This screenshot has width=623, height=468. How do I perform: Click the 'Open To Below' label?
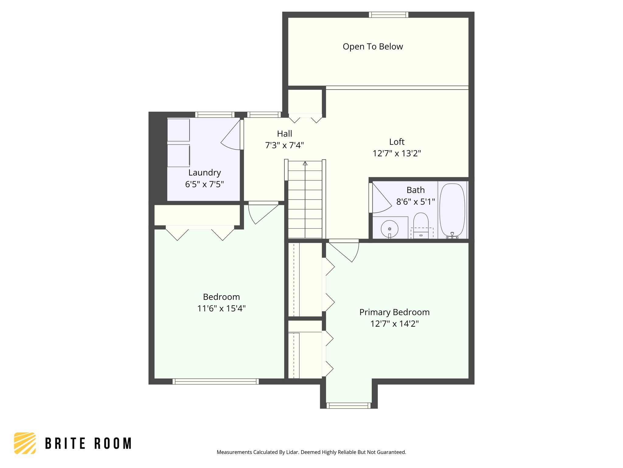coord(373,47)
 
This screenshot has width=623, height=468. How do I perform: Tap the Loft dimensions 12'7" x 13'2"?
coord(397,153)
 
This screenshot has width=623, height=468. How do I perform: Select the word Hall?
coord(284,134)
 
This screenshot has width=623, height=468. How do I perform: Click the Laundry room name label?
coord(204,172)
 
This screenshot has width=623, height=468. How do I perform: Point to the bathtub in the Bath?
coord(452,210)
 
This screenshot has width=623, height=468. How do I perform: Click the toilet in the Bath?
coord(421,225)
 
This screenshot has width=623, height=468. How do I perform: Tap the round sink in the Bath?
coord(389,229)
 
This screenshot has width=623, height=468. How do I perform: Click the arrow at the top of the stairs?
coord(305,164)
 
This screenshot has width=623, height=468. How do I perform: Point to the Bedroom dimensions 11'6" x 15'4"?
coord(221,309)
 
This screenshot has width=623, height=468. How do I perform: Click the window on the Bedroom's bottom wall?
coord(216,381)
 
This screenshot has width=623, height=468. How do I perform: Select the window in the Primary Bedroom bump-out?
coord(349,406)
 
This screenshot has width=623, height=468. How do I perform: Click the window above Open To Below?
coord(388,15)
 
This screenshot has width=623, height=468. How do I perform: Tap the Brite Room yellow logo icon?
coord(25,443)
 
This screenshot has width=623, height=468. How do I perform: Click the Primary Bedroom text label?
coord(394,312)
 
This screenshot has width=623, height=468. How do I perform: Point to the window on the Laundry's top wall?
coord(215,115)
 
